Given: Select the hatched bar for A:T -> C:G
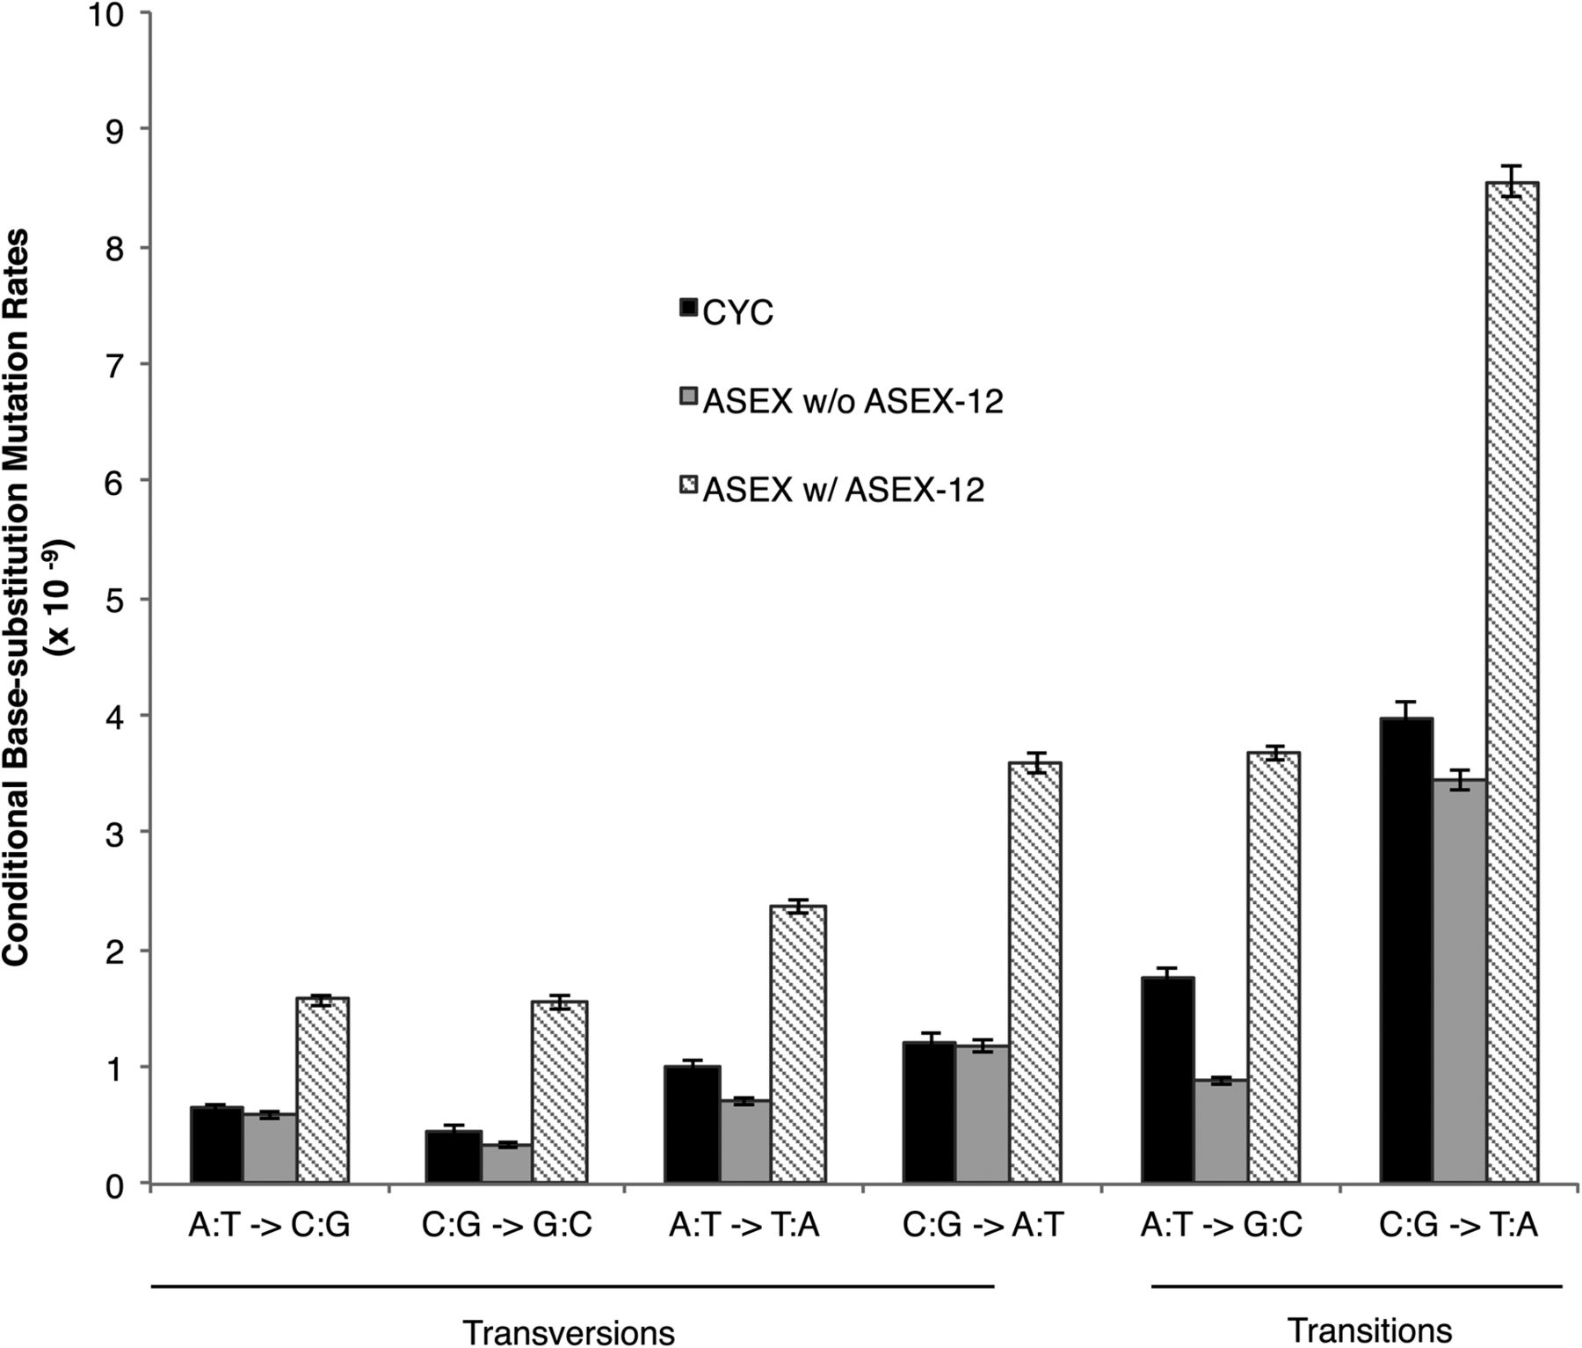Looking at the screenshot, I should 323,1090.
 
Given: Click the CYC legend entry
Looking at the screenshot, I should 737,313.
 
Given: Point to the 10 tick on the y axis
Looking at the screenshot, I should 114,15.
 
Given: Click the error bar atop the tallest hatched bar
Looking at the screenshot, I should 1511,180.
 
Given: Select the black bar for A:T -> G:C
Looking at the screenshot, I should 1167,1081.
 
